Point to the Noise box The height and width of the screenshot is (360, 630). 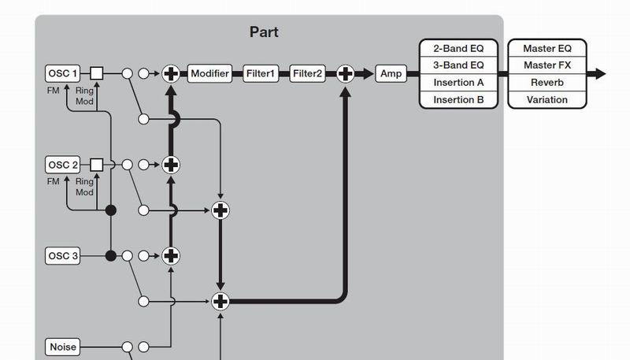coord(63,347)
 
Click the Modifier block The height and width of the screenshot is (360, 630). coord(209,74)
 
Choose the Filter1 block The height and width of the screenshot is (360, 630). coord(261,74)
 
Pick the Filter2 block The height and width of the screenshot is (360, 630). coord(307,74)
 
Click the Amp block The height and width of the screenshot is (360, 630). coord(391,74)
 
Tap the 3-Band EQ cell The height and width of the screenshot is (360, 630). coord(458,65)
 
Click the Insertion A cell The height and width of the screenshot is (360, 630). coord(458,83)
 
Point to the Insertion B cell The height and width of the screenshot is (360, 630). coord(458,100)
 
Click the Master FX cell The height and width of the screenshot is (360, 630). coord(547,65)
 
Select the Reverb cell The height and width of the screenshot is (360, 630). coord(547,83)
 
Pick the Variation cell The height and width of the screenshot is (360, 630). coord(547,100)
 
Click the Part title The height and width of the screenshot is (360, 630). coord(264,32)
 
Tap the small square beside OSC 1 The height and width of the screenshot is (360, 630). coord(97,74)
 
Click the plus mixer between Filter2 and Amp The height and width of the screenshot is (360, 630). coord(345,74)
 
